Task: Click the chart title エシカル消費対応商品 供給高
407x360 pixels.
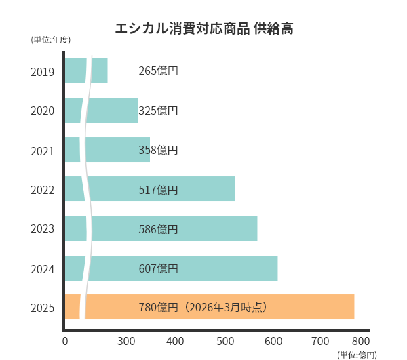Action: pos(204,28)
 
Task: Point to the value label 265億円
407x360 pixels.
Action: pos(158,71)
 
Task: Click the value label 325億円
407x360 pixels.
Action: pos(158,111)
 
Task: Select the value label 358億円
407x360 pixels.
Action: pos(158,150)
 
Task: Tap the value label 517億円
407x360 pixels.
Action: pos(158,190)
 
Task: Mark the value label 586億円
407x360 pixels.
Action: pos(158,229)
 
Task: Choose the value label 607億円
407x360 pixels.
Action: pos(158,268)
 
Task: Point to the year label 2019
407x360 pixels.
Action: pos(43,71)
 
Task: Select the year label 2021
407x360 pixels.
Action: pos(43,151)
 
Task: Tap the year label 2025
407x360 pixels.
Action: pos(43,308)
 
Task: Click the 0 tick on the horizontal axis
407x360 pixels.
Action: pos(65,341)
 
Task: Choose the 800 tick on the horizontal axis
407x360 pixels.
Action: pos(361,341)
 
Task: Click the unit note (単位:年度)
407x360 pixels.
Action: pos(51,40)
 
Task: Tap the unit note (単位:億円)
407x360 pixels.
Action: pos(357,355)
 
